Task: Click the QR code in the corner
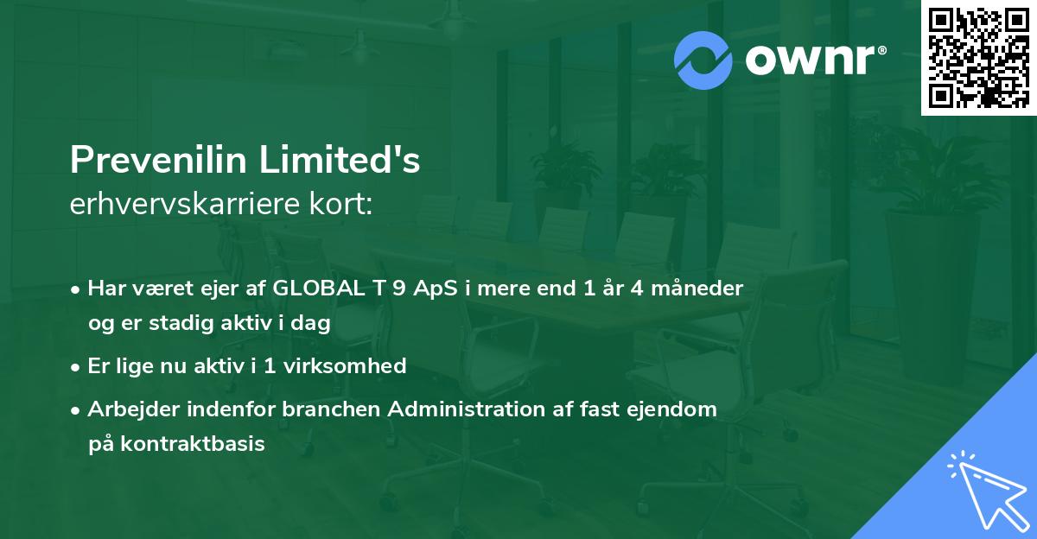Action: tap(978, 58)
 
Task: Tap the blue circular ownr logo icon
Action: tap(703, 60)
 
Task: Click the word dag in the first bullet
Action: tap(313, 323)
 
